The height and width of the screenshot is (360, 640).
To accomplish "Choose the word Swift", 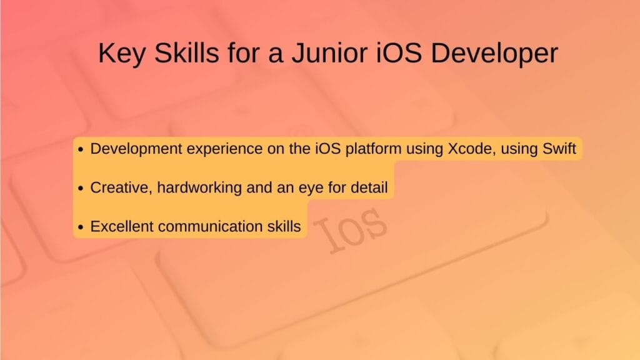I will point(561,150).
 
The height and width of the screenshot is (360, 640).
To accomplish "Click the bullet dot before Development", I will point(81,151).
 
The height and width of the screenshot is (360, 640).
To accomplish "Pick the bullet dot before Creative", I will point(81,188).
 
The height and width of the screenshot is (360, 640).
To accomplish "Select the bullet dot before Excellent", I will point(81,227).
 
